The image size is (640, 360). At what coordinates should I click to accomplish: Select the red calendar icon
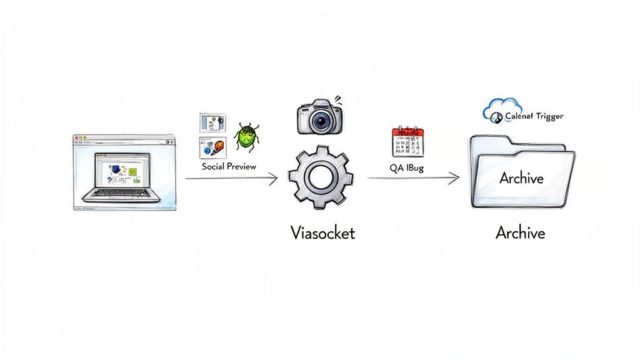pyautogui.click(x=407, y=142)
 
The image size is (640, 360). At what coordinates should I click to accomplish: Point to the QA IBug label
pyautogui.click(x=406, y=167)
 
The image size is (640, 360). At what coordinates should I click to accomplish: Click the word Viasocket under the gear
pyautogui.click(x=322, y=233)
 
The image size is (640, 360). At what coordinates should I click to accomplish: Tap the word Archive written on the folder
pyautogui.click(x=521, y=177)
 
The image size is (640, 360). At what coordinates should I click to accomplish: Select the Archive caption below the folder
pyautogui.click(x=520, y=233)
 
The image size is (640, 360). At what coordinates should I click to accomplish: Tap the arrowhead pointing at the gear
pyautogui.click(x=273, y=179)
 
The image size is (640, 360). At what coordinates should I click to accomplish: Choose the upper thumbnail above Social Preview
pyautogui.click(x=211, y=123)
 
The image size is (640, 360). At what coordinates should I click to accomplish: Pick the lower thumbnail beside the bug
pyautogui.click(x=211, y=148)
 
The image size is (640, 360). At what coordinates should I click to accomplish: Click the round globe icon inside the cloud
pyautogui.click(x=496, y=116)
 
